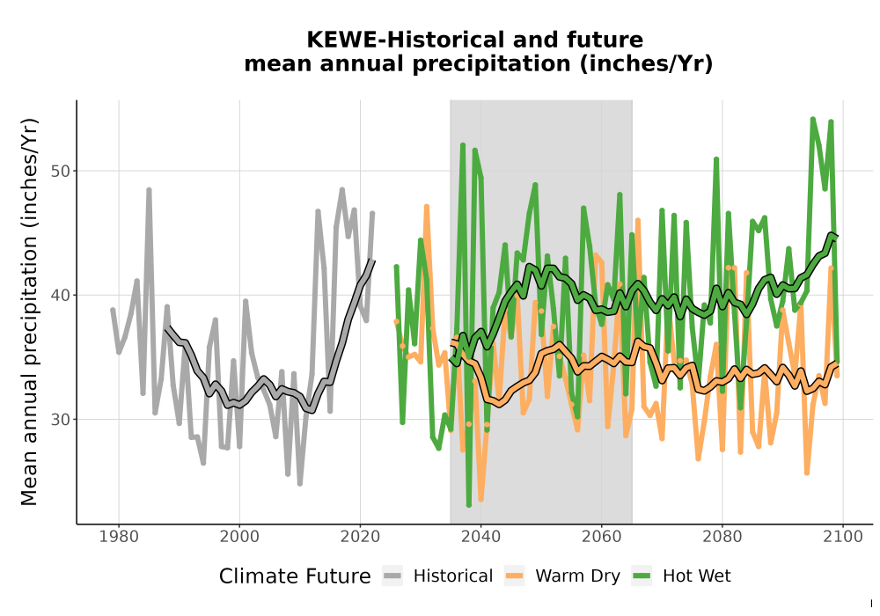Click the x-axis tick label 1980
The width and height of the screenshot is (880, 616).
click(119, 537)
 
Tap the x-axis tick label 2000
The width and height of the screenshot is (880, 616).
click(239, 537)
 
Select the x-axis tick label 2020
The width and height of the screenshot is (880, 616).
click(360, 537)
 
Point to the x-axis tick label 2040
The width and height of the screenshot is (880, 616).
click(481, 537)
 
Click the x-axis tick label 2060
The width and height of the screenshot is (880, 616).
click(602, 537)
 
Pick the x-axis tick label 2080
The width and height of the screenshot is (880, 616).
click(722, 537)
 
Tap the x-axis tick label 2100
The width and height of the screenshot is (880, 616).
click(843, 537)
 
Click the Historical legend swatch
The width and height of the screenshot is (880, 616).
click(392, 576)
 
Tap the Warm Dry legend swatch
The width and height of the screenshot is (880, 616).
click(514, 576)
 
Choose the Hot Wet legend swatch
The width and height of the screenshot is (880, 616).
click(642, 576)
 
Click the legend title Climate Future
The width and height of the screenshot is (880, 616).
click(295, 576)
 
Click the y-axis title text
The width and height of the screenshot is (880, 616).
click(29, 312)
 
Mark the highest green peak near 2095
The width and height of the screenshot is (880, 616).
click(812, 120)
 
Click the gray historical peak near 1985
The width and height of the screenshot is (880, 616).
click(149, 190)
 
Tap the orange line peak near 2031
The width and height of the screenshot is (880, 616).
click(427, 207)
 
